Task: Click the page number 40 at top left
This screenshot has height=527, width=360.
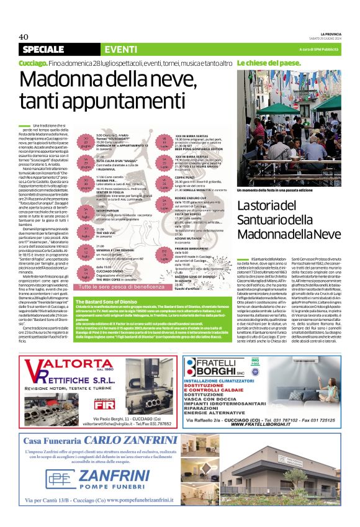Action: pos(24,37)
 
